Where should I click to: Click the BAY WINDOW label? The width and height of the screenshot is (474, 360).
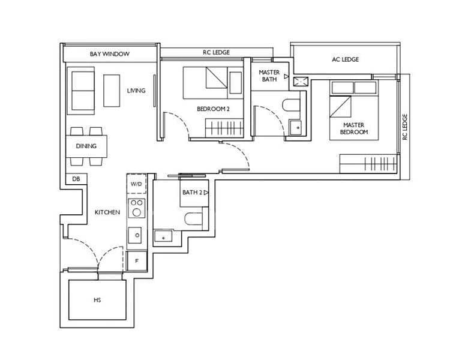point(109,54)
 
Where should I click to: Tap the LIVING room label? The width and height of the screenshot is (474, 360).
point(136,91)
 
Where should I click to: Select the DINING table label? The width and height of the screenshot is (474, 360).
point(86,146)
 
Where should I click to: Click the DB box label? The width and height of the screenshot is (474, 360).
point(76,179)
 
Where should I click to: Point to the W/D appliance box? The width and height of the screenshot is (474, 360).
point(137,184)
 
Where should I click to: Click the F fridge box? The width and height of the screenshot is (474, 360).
point(137,260)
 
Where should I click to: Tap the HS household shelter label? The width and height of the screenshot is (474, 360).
point(97,300)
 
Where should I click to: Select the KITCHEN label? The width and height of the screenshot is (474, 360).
point(107,212)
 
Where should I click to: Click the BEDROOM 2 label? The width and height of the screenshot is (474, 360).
point(213,109)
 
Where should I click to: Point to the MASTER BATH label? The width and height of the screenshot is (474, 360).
point(269,76)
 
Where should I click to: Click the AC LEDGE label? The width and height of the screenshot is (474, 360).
point(345,59)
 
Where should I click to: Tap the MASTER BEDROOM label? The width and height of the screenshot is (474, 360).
point(354,128)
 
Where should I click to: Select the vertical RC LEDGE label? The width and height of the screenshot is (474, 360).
point(405,127)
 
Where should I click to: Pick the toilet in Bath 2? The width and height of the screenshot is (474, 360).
point(193,219)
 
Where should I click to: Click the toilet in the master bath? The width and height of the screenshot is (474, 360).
point(292,106)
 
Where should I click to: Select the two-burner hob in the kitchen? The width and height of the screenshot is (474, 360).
point(137,208)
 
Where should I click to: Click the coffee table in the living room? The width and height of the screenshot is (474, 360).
point(112,91)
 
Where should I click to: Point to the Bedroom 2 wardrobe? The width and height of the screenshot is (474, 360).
point(224,128)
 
